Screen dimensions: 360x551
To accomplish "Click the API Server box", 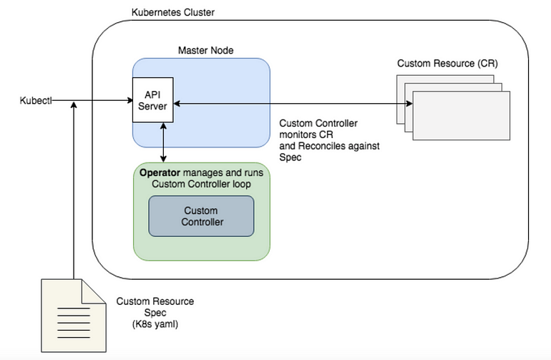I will coord(152,102).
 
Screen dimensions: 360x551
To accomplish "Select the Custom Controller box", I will coord(201,216).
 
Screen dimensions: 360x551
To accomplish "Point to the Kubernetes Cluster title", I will coord(173,13).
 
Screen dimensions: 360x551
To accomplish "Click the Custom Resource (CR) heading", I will coord(447,64).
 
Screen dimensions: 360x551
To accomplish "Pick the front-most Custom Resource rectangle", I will coord(462,115).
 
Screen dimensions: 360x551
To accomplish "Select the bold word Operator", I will coord(160,173).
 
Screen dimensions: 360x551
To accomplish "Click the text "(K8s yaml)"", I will coord(155,324).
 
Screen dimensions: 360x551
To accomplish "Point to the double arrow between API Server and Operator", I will coord(165,142).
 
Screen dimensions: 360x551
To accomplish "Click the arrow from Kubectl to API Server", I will coord(93,101).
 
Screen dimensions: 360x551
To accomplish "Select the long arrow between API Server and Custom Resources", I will coord(286,104).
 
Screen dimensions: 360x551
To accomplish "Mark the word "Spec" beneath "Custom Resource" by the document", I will coord(155,313).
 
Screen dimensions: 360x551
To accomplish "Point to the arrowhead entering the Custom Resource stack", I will coord(409,104).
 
